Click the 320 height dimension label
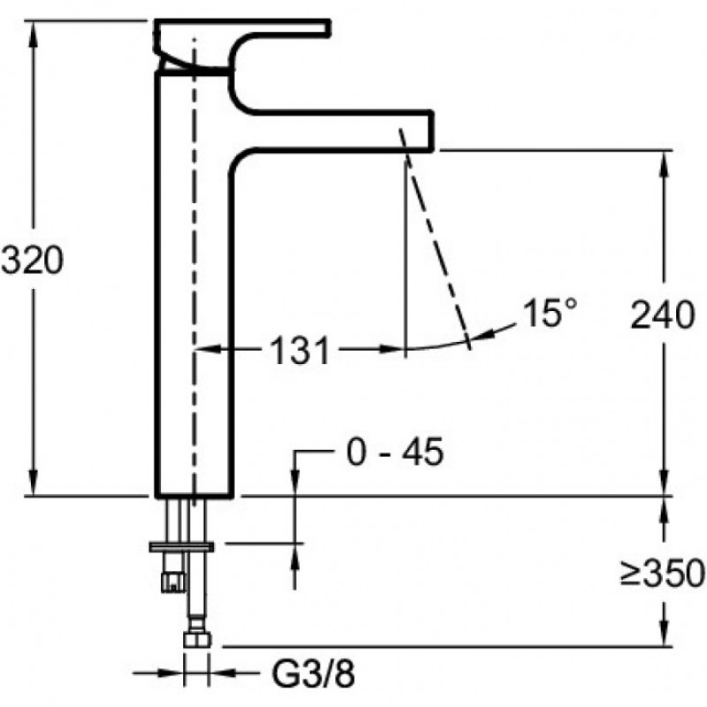[x=33, y=260]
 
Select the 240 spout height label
[x=662, y=315]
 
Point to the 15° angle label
[x=550, y=313]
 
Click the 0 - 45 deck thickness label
[x=395, y=452]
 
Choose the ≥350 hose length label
[x=662, y=574]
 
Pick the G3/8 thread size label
[x=313, y=673]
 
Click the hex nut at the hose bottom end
[x=197, y=639]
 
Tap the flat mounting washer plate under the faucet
[x=181, y=547]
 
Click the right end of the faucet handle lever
[x=330, y=27]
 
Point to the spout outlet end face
[x=432, y=130]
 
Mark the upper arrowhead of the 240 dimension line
[x=664, y=163]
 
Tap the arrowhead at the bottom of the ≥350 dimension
[x=664, y=633]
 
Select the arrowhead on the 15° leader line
[x=479, y=336]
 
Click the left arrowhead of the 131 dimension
[x=208, y=348]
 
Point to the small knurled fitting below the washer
[x=173, y=581]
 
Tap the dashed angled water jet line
[x=434, y=239]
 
